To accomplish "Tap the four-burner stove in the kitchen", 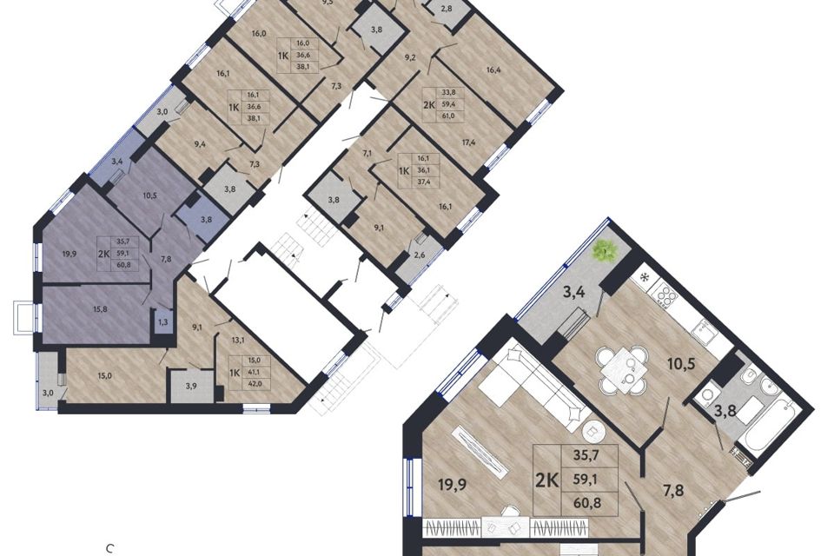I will pos(665,297).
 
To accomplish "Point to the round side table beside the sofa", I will pos(594,432).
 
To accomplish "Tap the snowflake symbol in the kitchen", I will pos(644,278).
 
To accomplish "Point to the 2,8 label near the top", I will pos(446,10).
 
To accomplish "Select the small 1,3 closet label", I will pos(162,322).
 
